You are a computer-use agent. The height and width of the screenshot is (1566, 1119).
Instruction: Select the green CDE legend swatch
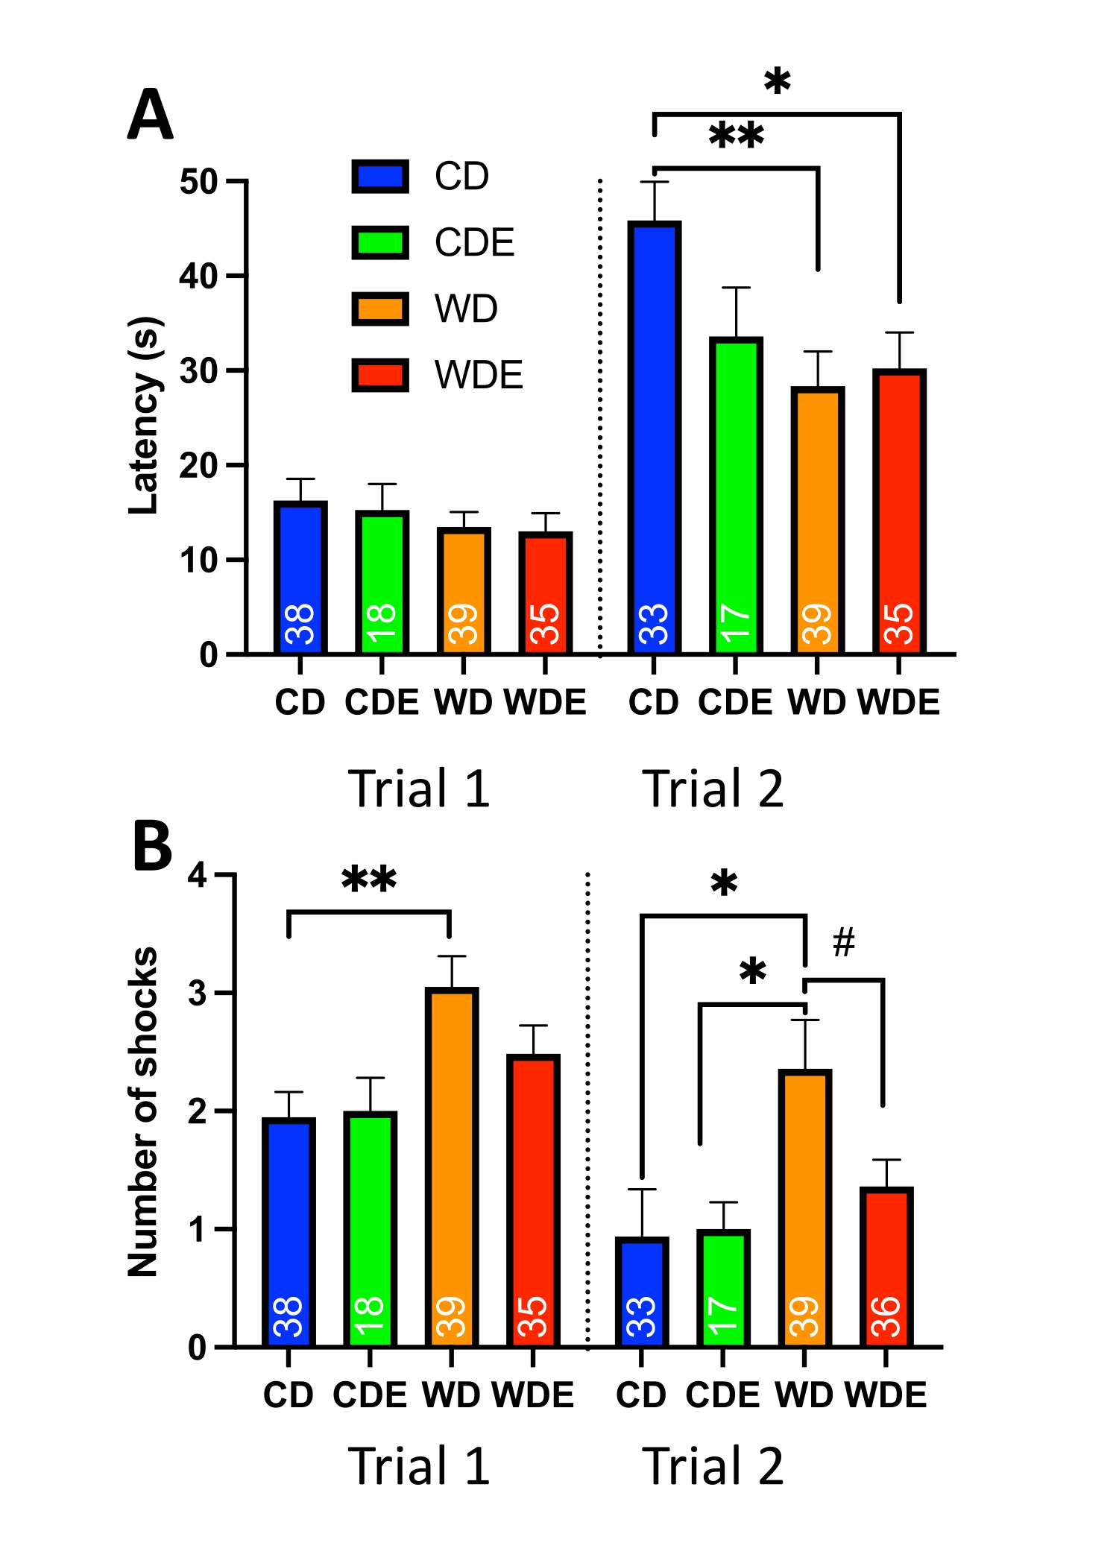[380, 242]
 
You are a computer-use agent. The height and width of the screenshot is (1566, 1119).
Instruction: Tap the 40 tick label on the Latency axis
[198, 277]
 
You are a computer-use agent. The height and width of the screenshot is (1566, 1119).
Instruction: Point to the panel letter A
[151, 115]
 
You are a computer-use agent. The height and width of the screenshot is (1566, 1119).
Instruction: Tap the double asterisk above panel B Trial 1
[369, 880]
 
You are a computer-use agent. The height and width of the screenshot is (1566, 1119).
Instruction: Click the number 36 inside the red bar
[886, 1316]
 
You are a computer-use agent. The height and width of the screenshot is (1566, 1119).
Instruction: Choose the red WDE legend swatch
[380, 375]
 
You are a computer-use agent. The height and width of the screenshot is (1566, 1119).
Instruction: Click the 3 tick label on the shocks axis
[198, 994]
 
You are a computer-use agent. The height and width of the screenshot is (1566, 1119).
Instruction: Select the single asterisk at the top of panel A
[777, 81]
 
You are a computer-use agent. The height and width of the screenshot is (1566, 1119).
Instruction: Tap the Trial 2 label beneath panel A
[713, 789]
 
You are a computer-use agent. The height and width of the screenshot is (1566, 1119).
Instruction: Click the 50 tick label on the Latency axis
[198, 182]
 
